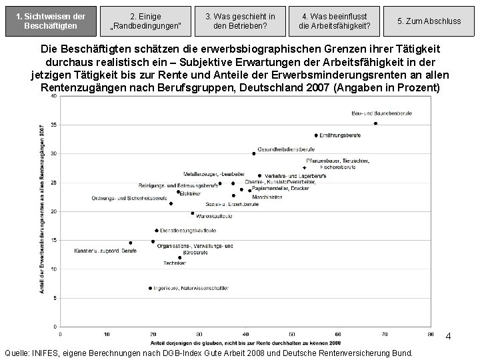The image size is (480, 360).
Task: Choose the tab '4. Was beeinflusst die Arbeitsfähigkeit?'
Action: tap(333, 21)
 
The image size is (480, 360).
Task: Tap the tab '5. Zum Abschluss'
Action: tap(429, 21)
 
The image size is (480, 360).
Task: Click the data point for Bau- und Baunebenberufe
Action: tap(376, 123)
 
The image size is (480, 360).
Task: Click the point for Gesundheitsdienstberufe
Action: tap(254, 153)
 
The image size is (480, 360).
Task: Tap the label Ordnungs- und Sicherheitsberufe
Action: tap(129, 199)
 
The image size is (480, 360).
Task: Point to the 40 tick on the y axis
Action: tap(53, 97)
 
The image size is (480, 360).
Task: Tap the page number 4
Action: tap(449, 337)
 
